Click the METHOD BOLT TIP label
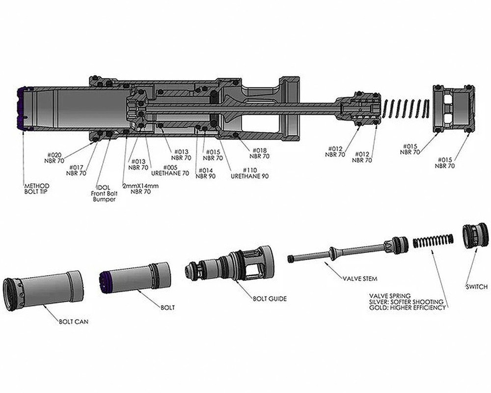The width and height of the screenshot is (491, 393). tap(37, 190)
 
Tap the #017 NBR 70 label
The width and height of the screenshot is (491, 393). tap(76, 170)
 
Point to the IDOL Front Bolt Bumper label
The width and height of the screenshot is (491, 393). tap(104, 194)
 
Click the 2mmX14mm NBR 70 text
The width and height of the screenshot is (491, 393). tap(140, 189)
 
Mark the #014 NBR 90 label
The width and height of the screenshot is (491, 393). tap(205, 173)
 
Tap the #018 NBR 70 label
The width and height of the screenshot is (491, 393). tap(259, 153)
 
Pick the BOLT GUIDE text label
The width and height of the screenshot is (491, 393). tap(270, 298)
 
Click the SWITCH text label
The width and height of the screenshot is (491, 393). tap(476, 287)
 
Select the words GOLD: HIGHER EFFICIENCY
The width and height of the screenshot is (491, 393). tap(407, 308)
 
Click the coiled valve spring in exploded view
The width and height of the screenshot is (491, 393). tap(432, 241)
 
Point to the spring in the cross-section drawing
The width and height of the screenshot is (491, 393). tap(407, 108)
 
